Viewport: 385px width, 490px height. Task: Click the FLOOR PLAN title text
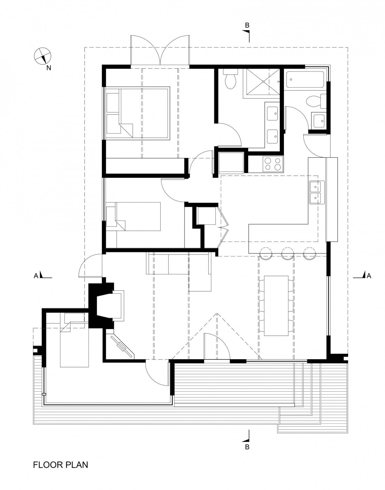[60, 464]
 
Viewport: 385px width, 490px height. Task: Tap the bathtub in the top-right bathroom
[305, 80]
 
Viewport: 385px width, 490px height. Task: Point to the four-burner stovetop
[273, 164]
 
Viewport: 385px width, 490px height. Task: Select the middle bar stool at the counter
[288, 253]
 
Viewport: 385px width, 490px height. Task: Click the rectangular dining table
[276, 306]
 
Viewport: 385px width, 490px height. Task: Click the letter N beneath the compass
[49, 68]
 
